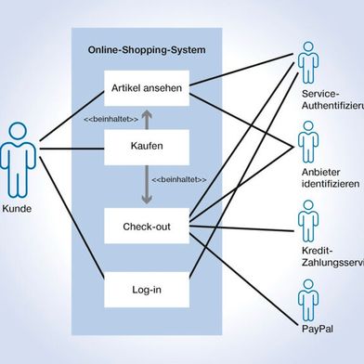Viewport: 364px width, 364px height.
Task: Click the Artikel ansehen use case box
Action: click(x=147, y=89)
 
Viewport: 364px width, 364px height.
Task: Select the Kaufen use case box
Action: click(x=147, y=147)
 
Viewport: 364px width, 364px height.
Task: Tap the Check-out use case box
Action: click(x=147, y=226)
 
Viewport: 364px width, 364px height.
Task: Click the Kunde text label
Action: click(x=17, y=209)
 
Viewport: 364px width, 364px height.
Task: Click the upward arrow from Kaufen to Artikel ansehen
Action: click(x=146, y=118)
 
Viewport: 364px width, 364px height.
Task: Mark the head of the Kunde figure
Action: click(x=17, y=131)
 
